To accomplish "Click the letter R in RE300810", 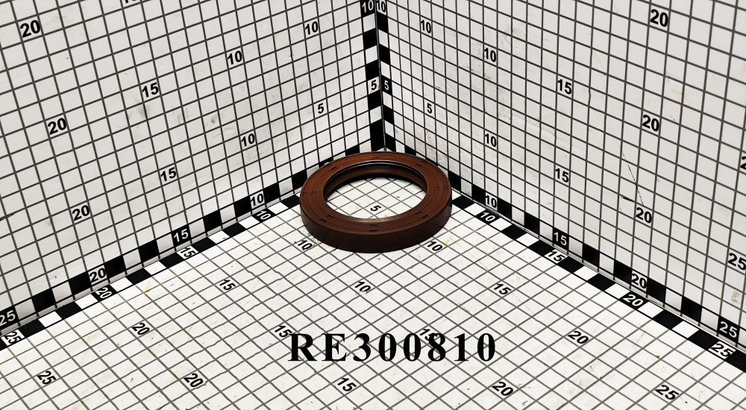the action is click(x=303, y=347).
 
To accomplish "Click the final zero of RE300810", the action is click(x=486, y=347).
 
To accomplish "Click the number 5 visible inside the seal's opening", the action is click(x=375, y=208).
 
